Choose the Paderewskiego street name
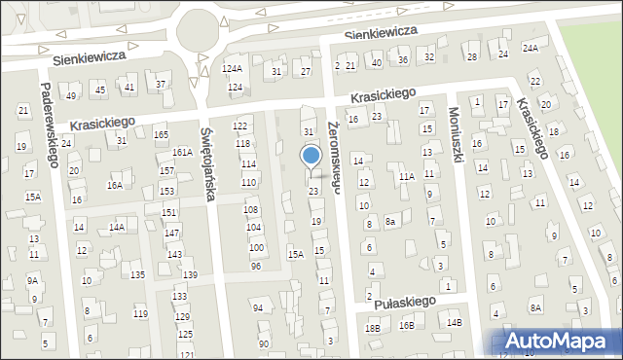[x=47, y=123]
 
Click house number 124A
[x=232, y=69]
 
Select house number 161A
[x=182, y=153]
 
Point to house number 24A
[x=530, y=48]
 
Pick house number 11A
[x=406, y=176]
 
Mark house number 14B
[x=454, y=322]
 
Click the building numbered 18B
[x=373, y=328]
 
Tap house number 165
[x=161, y=134]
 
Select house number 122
[x=240, y=127]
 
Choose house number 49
[x=71, y=95]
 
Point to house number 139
[x=190, y=275]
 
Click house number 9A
[x=33, y=281]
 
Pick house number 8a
[x=390, y=222]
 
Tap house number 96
[x=256, y=267]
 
